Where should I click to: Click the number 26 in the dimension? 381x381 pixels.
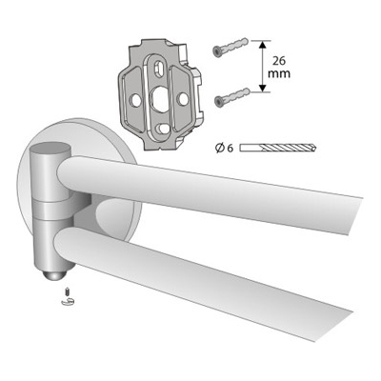279,60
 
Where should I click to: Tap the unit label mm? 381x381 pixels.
279,73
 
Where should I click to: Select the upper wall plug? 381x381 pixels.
231,48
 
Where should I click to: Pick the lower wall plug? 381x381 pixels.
231,97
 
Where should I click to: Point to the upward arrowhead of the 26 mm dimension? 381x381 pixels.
262,45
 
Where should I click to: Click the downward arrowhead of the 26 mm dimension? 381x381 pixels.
262,88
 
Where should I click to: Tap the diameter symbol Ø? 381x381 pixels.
219,148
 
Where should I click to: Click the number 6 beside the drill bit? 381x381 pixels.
230,149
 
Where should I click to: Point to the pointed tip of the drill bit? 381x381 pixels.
316,148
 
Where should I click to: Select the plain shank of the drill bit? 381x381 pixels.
251,148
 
